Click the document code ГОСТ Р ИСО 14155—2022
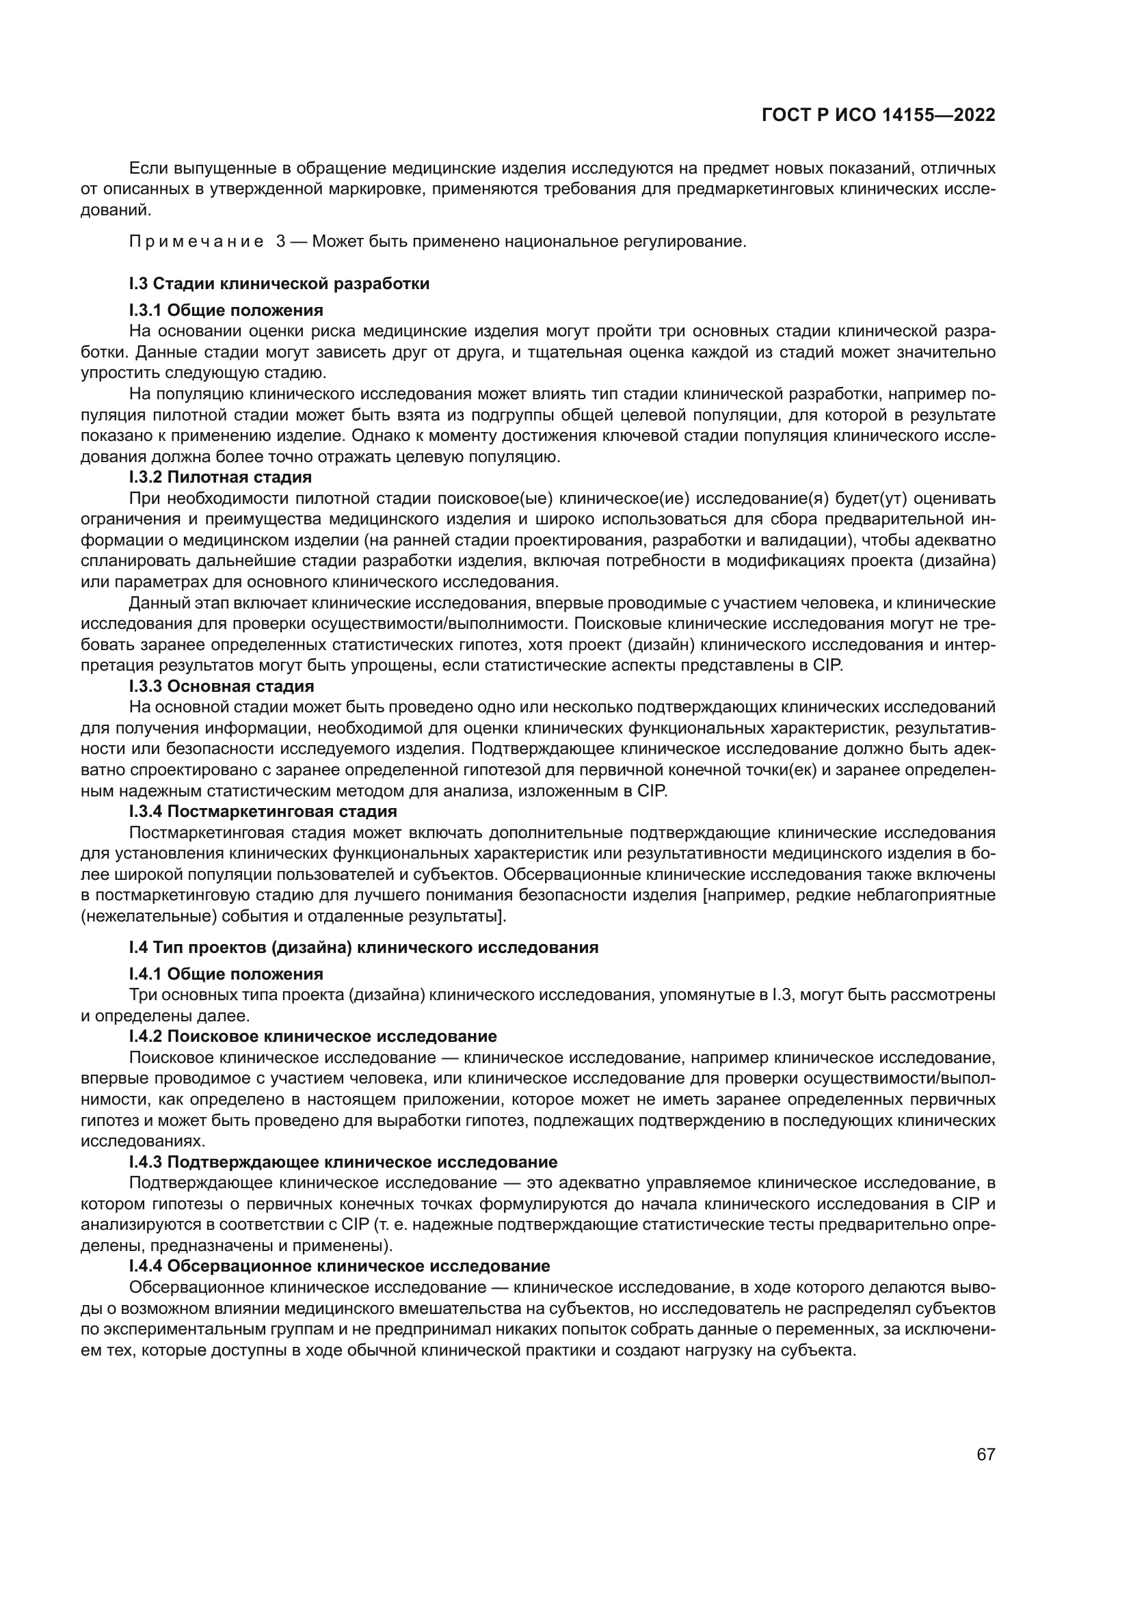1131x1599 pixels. click(x=878, y=116)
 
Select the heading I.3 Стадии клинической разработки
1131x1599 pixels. click(x=278, y=284)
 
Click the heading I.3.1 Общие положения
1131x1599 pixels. click(x=226, y=310)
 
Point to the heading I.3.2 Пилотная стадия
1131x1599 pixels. click(x=220, y=478)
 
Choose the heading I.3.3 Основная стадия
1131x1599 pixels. click(x=222, y=686)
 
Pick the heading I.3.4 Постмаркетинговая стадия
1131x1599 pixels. click(x=263, y=812)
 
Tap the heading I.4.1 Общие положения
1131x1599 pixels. click(x=226, y=974)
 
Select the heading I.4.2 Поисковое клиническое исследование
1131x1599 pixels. click(x=312, y=1036)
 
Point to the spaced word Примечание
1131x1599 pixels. click(x=196, y=243)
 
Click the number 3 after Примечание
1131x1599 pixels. click(x=280, y=243)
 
